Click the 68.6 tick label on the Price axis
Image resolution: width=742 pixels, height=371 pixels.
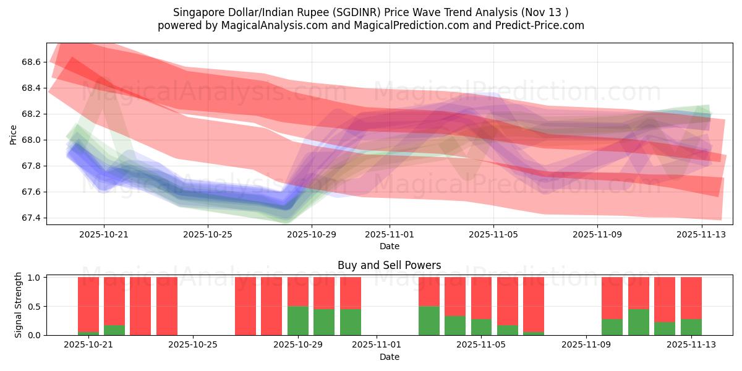31,62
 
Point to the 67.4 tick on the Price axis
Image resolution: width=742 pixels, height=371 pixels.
31,218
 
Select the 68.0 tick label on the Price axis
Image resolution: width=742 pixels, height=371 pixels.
31,140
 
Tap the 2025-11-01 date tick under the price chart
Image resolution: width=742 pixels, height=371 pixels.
390,234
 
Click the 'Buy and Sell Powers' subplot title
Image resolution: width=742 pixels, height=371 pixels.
390,265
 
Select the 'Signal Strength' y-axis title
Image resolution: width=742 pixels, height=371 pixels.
19,305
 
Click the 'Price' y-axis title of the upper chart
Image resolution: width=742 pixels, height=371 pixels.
14,134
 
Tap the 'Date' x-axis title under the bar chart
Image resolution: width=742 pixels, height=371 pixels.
390,357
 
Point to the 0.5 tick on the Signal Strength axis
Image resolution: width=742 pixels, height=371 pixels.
34,306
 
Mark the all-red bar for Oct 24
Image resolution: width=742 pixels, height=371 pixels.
167,306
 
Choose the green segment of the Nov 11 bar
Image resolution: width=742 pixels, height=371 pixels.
639,322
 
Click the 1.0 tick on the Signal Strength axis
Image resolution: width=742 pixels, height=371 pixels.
34,278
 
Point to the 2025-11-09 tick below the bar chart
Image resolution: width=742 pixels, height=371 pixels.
584,345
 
